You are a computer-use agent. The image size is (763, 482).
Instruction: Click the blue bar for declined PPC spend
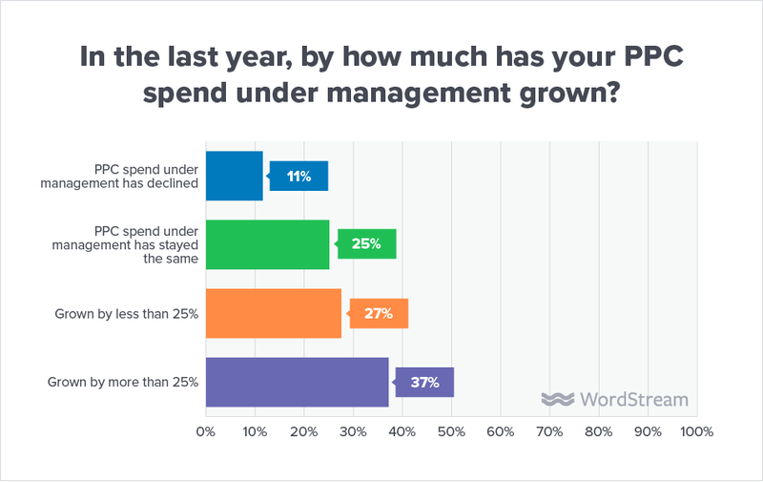235,176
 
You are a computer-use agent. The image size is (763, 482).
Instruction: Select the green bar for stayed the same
268,244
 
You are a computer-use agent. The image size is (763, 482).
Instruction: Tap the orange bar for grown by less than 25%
274,313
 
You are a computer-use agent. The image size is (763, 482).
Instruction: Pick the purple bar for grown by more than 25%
298,383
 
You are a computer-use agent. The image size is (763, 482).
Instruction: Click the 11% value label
299,176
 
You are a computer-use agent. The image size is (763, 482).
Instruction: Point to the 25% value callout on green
367,244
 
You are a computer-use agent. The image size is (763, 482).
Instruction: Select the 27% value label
380,313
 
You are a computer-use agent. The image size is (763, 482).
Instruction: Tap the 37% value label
425,383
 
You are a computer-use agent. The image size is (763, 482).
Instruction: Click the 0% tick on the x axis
205,431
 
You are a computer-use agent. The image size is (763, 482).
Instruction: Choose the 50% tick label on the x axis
451,431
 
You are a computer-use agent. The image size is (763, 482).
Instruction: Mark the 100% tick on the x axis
695,431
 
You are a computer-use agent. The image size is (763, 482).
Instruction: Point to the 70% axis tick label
549,431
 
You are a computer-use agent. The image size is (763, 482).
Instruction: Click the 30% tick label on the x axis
353,431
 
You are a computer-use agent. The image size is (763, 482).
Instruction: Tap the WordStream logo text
629,399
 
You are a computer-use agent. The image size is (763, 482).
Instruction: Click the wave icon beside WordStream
555,399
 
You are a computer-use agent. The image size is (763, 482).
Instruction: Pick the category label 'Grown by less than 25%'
126,313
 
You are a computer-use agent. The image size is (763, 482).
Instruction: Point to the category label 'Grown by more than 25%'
123,383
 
